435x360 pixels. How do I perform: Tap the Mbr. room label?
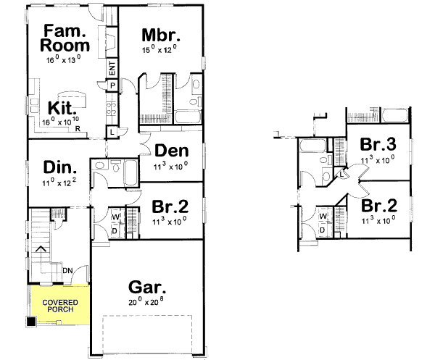(160, 35)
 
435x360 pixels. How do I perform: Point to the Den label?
(172, 151)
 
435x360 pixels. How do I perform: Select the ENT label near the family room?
(112, 69)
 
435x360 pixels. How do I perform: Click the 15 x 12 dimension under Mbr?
(160, 51)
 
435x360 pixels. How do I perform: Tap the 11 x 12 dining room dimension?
(59, 183)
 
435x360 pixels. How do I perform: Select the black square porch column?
(31, 321)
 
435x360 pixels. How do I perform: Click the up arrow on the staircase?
(41, 250)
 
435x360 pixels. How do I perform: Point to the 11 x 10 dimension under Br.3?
(378, 158)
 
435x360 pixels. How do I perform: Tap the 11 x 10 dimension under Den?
(171, 165)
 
